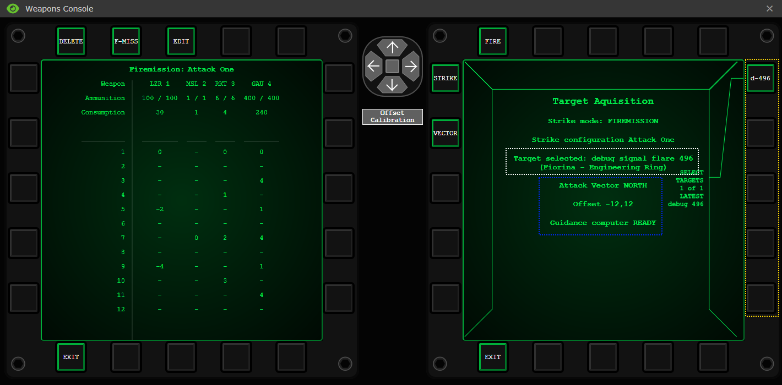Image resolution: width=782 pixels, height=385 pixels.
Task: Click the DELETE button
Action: (71, 41)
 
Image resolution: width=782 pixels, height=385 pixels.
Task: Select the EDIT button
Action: (181, 41)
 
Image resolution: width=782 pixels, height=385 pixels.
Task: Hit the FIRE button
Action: (492, 41)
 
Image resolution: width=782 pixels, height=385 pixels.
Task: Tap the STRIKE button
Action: (445, 78)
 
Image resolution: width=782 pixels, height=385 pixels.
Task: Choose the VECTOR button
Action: (445, 133)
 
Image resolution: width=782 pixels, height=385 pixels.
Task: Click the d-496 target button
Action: (761, 78)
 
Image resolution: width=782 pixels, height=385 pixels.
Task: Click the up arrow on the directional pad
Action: (393, 47)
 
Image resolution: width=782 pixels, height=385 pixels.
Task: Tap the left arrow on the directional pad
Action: (373, 66)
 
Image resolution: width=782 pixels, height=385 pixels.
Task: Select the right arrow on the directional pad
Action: (411, 66)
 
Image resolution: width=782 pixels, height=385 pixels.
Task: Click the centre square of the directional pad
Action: (393, 66)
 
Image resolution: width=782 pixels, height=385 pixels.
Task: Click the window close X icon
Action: (769, 9)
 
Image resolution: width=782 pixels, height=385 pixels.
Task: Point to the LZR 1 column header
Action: (160, 84)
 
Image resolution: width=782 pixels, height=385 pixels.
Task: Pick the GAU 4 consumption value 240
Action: (262, 112)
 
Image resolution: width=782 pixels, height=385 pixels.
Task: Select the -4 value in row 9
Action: (160, 266)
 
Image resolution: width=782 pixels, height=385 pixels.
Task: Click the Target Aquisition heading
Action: (603, 101)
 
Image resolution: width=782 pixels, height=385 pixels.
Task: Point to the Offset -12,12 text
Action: (603, 204)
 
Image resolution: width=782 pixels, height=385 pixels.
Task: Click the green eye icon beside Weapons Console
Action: (13, 9)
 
